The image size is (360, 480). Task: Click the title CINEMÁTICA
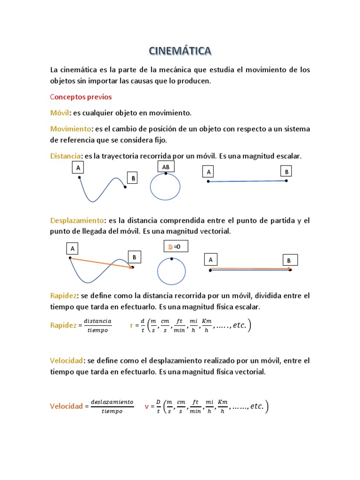[x=180, y=50]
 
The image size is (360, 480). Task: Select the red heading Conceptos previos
[x=81, y=97]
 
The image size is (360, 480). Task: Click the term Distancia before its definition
[x=66, y=156]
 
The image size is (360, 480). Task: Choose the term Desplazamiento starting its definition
[x=76, y=220]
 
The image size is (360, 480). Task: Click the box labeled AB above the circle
[x=165, y=167]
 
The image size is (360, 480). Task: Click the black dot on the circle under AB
[x=165, y=173]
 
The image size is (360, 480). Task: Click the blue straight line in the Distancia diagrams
[x=247, y=181]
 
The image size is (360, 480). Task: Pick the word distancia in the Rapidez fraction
[x=97, y=321]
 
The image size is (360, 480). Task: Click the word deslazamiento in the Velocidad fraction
[x=112, y=402]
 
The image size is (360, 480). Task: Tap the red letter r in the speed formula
[x=132, y=325]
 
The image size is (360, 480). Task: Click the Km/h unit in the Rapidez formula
[x=206, y=325]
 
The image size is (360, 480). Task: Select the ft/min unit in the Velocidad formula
[x=196, y=406]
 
